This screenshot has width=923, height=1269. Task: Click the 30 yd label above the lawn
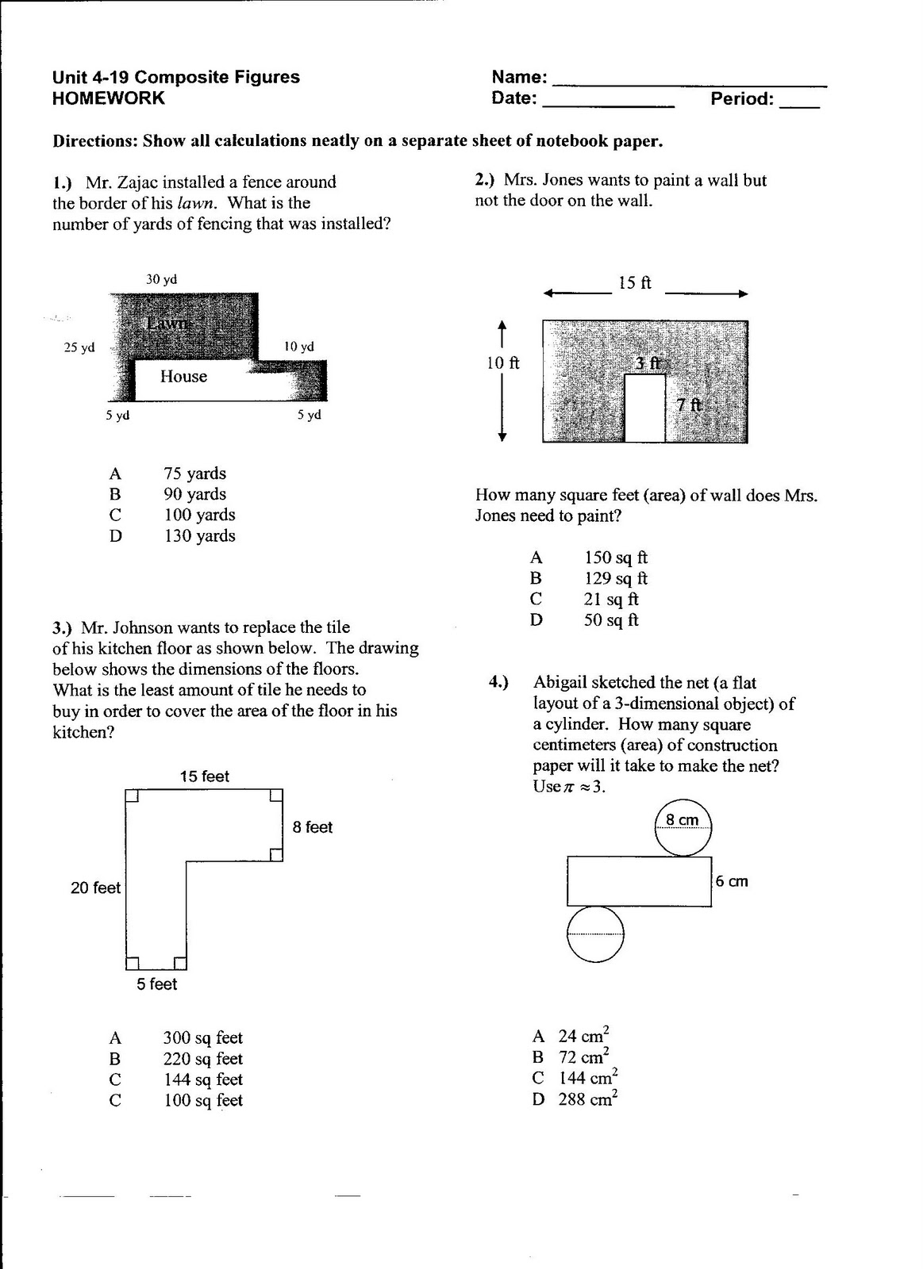pos(161,279)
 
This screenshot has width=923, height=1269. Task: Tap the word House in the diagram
pos(183,377)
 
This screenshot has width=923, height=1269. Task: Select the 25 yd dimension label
pos(79,347)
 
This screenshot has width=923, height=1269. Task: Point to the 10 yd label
pos(299,347)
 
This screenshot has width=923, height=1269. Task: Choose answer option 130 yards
pos(199,536)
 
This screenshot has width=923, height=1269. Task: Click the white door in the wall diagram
pos(644,408)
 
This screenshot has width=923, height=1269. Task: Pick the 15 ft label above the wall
pos(634,283)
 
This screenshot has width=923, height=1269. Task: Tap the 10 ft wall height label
pos(502,363)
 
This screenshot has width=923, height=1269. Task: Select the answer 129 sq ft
pos(616,579)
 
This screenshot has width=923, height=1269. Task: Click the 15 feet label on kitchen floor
pos(204,776)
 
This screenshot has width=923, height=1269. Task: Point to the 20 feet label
pos(95,888)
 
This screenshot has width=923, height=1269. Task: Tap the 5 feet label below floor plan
pos(156,984)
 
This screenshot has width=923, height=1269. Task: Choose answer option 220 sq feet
pos(202,1059)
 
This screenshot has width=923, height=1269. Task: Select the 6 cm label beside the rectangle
pos(731,881)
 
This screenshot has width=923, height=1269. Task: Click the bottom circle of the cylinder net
pos(595,935)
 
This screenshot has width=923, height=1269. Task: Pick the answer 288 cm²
pos(586,1099)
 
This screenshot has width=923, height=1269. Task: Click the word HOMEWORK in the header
pos(108,98)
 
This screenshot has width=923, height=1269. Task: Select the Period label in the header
pos(741,99)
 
